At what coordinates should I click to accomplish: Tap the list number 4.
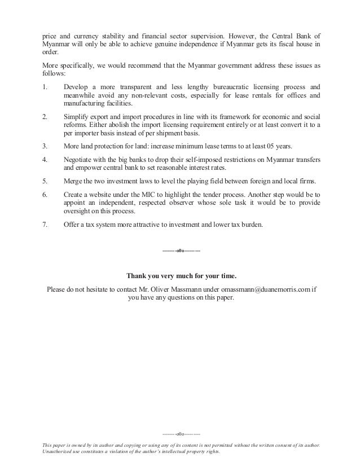(45, 160)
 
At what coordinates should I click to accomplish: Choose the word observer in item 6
(185, 203)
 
